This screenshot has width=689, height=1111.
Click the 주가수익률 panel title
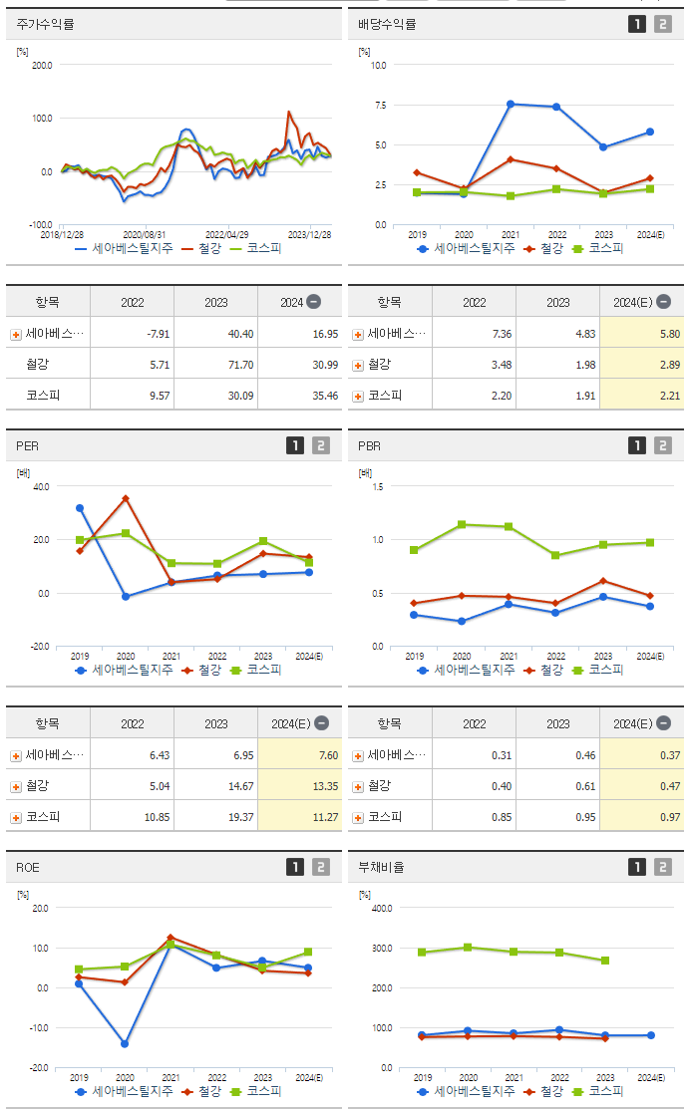(45, 24)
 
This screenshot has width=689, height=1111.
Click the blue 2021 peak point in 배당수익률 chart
(510, 104)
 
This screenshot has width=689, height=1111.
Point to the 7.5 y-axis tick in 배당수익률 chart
(378, 105)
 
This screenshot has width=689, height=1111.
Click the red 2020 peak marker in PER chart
(126, 498)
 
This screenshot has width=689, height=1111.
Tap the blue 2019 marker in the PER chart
(80, 508)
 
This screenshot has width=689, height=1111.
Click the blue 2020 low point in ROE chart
(126, 1044)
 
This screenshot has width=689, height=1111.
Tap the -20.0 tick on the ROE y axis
(40, 1067)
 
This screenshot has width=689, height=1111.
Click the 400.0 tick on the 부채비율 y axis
(380, 908)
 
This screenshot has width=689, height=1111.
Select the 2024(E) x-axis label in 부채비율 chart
(649, 1077)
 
